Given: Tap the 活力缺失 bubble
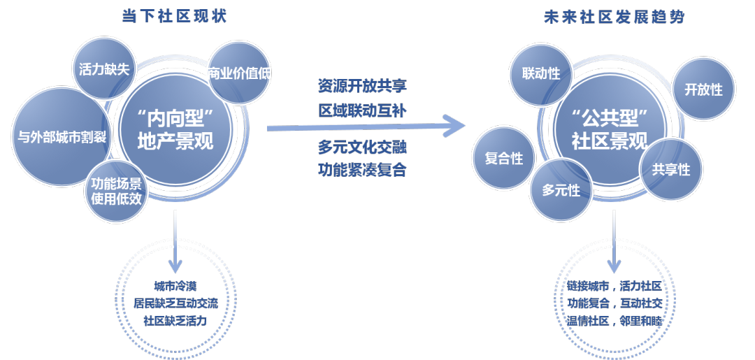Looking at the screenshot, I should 105,69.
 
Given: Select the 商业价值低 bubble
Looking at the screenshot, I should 240,73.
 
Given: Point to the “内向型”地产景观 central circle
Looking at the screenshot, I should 175,129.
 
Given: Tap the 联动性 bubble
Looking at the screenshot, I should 541,73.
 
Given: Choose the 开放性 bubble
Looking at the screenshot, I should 703,89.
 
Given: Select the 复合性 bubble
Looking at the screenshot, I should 503,159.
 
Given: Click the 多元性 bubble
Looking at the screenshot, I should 561,189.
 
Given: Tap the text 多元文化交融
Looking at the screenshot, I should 362,147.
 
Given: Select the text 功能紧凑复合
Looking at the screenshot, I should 362,170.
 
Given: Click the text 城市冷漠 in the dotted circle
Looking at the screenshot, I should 175,286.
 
